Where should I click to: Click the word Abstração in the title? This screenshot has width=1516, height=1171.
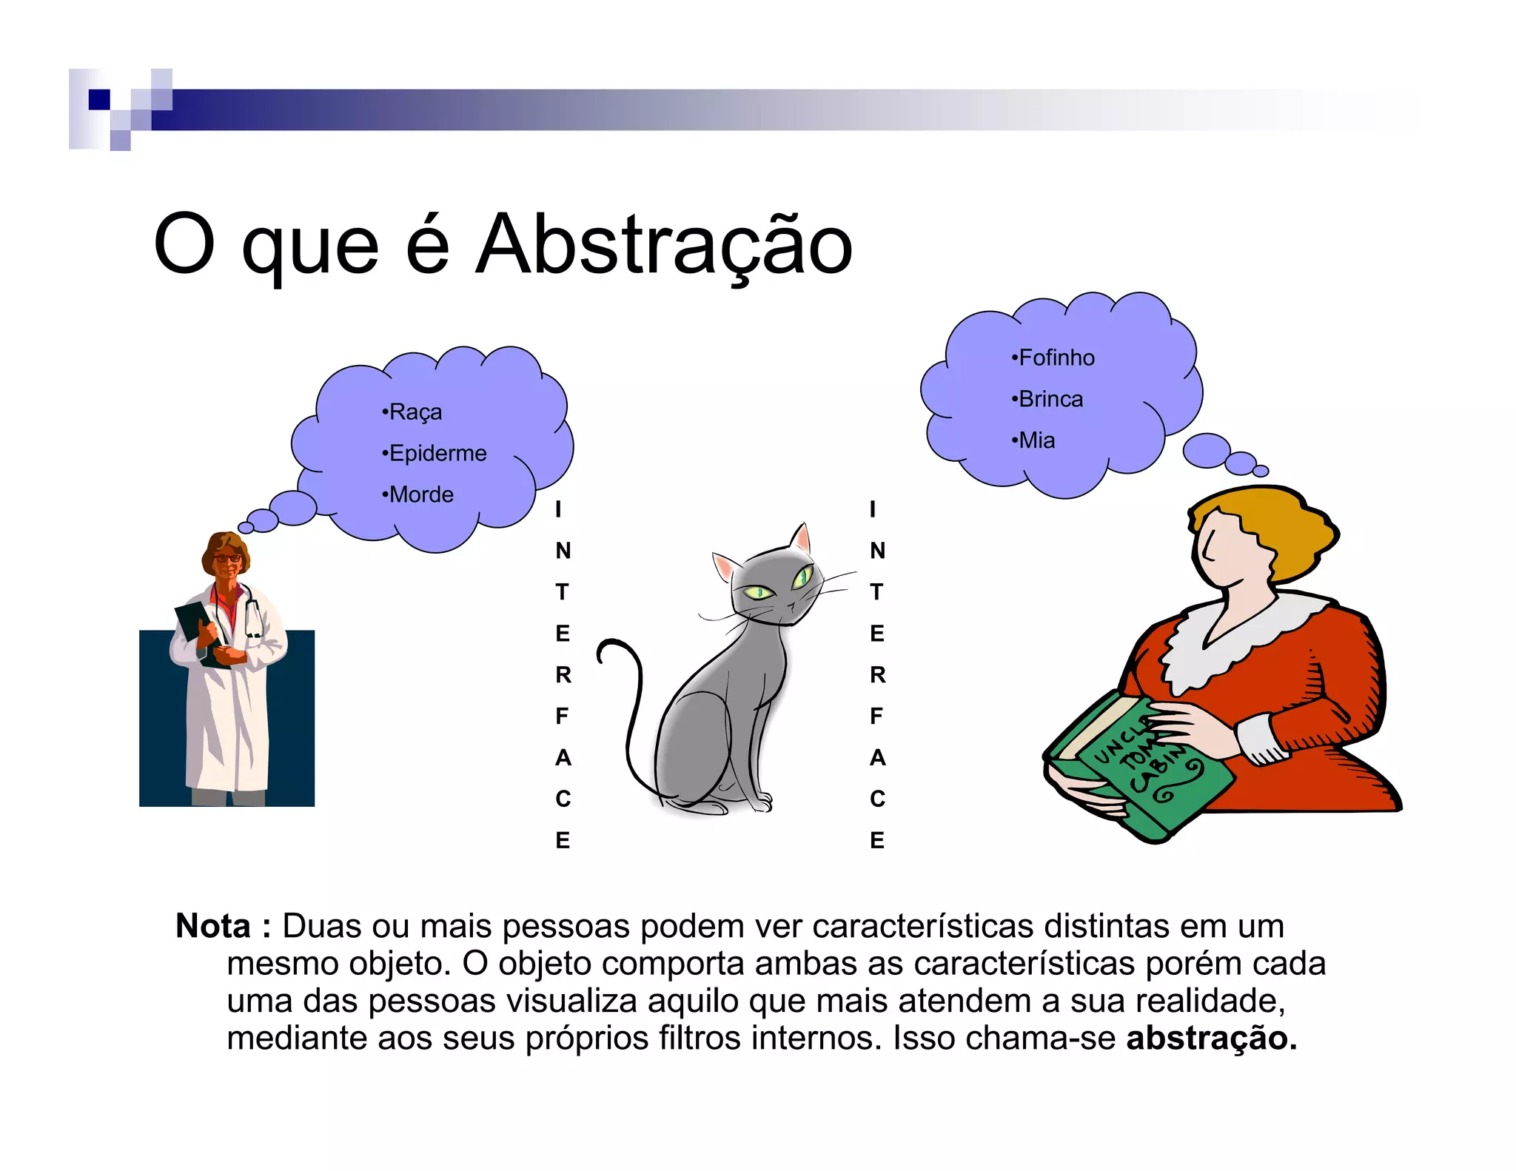pos(664,244)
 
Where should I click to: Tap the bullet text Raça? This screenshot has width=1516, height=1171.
pos(415,412)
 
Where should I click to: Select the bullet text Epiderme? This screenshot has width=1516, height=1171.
pos(437,453)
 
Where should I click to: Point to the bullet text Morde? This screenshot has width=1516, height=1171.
pos(420,494)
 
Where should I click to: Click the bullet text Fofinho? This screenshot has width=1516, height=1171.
pos(1056,358)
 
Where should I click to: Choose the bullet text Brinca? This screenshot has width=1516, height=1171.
pos(1050,400)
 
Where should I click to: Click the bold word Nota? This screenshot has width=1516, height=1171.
pos(213,926)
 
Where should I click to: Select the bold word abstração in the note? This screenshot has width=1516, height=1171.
pos(1211,1038)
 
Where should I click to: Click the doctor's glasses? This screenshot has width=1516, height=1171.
pos(227,558)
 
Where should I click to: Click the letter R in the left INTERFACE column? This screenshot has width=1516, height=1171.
pos(563,675)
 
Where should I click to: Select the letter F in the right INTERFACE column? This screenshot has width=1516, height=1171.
pos(876,717)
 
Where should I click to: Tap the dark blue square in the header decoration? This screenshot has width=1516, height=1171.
pos(99,99)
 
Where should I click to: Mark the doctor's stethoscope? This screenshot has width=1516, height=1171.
pos(253,614)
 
